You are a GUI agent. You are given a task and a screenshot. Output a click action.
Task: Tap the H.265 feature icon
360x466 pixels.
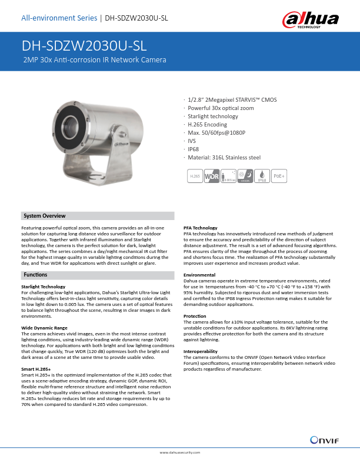194,176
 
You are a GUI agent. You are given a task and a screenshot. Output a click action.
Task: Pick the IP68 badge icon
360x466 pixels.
262,176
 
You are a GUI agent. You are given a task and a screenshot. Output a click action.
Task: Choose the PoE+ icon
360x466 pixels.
279,176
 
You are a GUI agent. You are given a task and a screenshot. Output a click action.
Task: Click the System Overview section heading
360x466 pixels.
44,216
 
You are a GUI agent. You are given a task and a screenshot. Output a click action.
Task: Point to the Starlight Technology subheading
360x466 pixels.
43,287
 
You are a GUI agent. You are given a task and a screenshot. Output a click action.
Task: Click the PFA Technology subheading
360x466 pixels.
201,228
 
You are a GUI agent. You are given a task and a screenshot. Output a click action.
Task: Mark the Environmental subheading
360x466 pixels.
199,275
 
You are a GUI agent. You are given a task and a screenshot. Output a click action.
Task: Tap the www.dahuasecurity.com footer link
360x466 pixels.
180,452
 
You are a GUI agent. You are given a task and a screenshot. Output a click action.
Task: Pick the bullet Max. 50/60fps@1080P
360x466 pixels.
216,133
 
